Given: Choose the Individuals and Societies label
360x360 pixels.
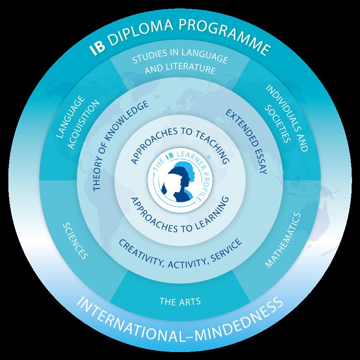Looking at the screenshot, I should [x=281, y=119].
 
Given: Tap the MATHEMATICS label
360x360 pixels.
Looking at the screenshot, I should [x=283, y=240].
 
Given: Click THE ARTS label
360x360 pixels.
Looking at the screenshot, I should [x=180, y=301].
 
